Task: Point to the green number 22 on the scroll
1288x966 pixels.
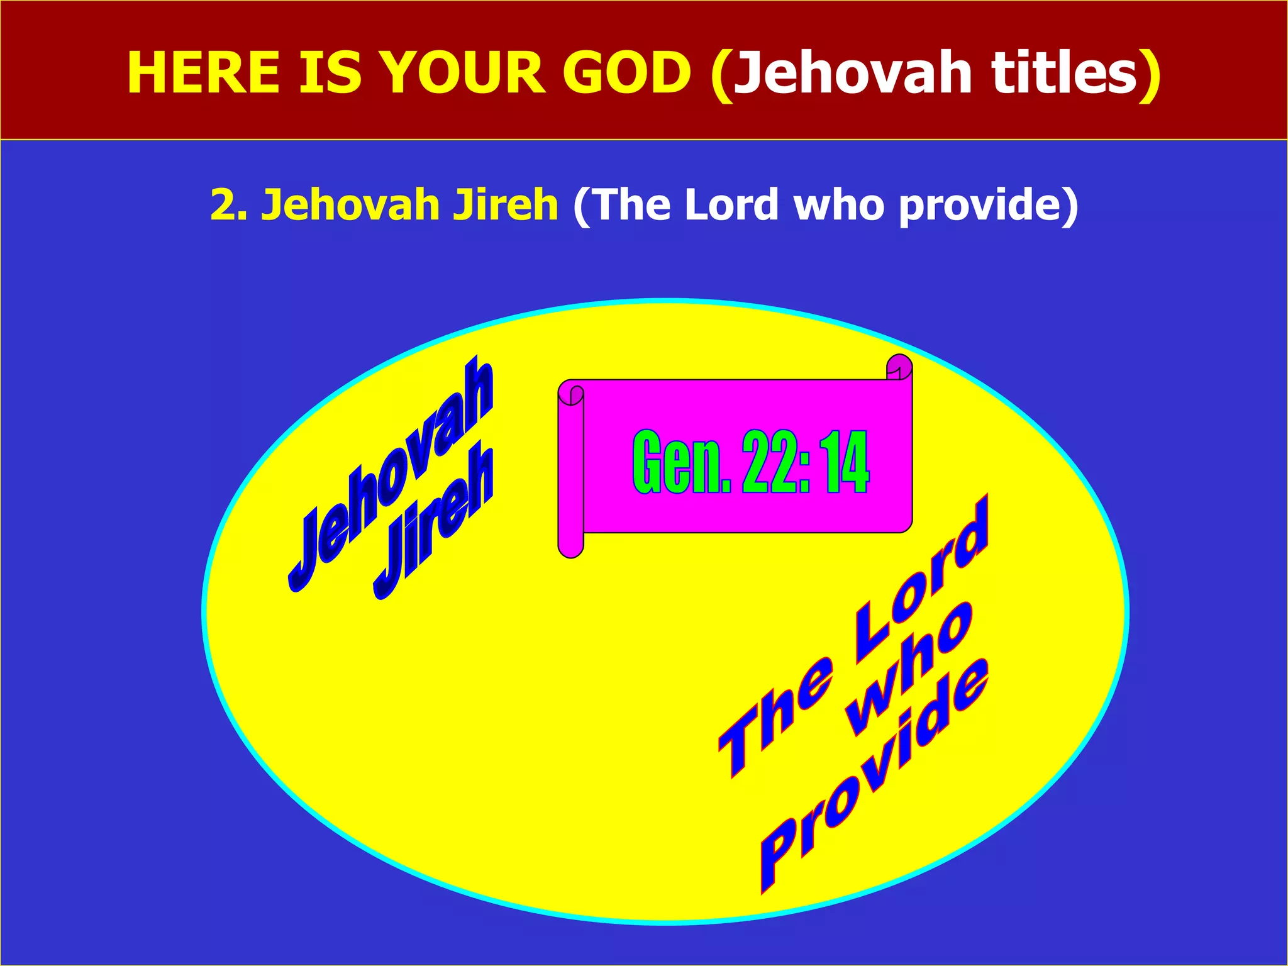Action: [769, 462]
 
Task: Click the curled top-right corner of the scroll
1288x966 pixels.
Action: [899, 367]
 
